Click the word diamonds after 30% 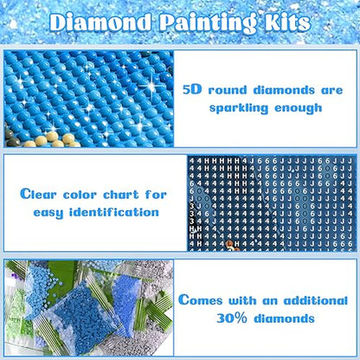[x=292, y=320]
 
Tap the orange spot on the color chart [x=229, y=246]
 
